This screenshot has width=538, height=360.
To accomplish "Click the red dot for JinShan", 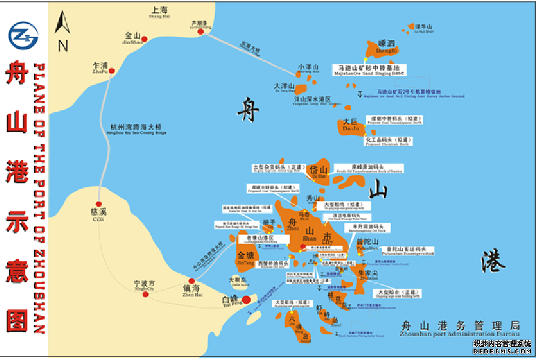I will [144, 39].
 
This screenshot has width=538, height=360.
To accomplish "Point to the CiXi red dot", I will [99, 204].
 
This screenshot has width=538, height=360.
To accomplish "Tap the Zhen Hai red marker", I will [192, 281].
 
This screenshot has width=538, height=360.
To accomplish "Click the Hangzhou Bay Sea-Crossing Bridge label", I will [136, 128].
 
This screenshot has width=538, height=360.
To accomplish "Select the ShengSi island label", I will [386, 47].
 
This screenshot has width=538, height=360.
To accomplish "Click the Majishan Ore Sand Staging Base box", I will [368, 69].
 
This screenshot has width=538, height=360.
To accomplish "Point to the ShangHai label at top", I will [159, 12].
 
